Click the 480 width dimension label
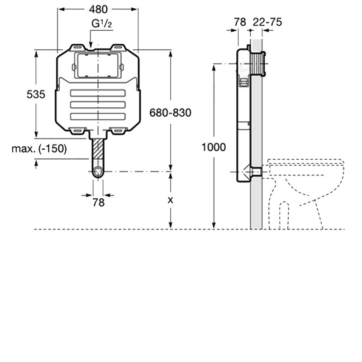[x=98, y=10]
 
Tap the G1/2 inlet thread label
[x=102, y=24]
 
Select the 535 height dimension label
[x=36, y=95]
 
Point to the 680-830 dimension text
[x=171, y=113]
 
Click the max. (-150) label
[x=39, y=149]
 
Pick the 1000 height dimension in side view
[x=214, y=148]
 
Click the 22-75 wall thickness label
[x=267, y=22]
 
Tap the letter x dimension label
[x=171, y=200]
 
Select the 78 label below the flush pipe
[x=99, y=202]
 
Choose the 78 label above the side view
[x=240, y=22]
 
